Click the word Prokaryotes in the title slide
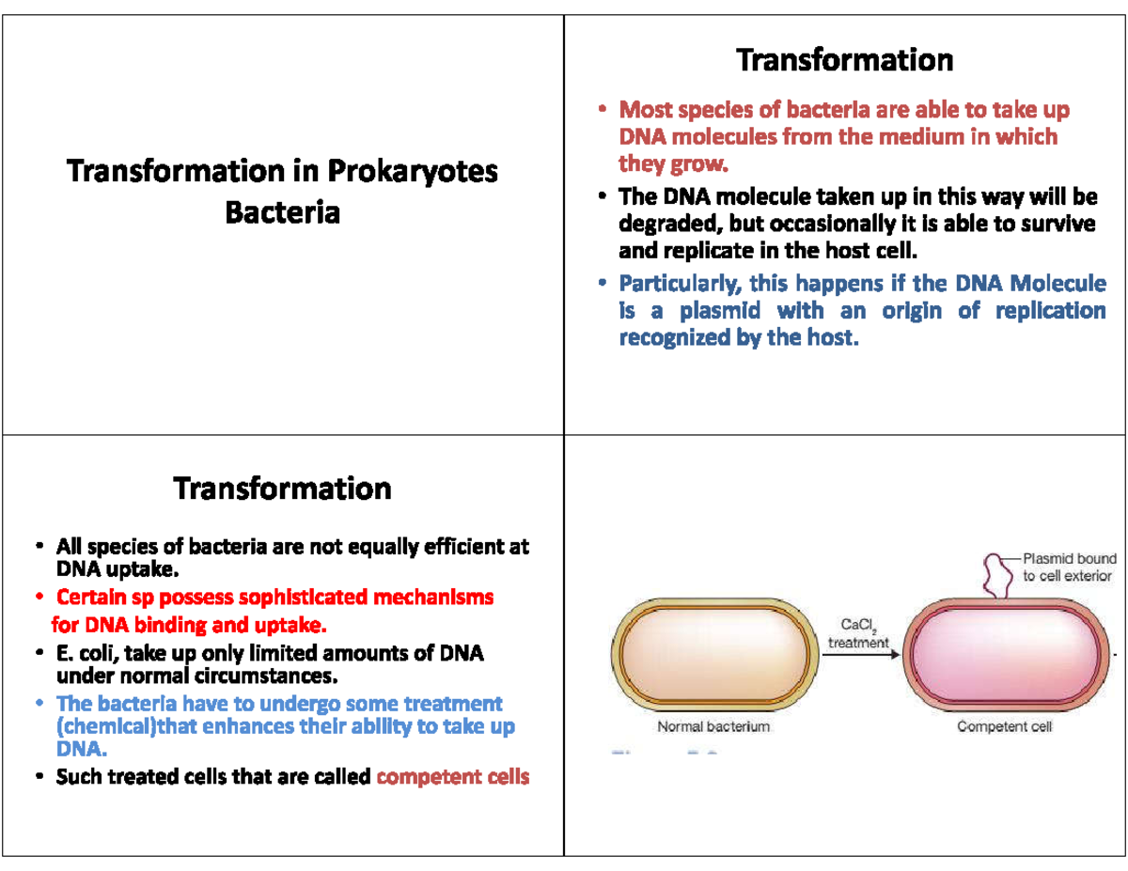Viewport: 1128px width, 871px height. tap(413, 172)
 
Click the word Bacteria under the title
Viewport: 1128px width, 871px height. tap(282, 212)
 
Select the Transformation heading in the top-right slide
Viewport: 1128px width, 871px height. tap(844, 60)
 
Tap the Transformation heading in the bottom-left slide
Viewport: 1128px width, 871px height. tap(282, 489)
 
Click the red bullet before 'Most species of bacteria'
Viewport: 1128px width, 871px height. tap(603, 112)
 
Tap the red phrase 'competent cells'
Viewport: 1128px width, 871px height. tap(452, 777)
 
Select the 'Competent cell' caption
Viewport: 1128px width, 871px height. tap(1004, 726)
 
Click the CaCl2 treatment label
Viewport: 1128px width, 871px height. tap(857, 633)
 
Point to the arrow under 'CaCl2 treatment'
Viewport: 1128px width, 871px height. tap(860, 655)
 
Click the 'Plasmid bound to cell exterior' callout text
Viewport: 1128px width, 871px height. tap(1068, 568)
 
